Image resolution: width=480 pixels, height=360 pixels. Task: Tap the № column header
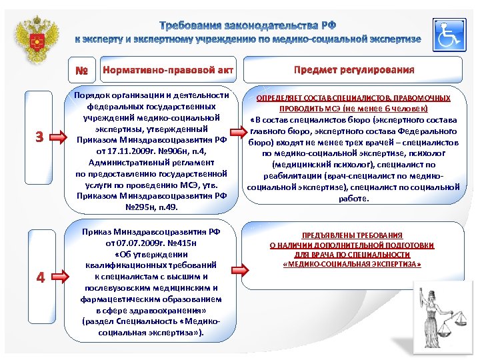tap(81, 70)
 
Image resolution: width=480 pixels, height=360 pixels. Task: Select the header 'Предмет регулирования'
tap(354, 70)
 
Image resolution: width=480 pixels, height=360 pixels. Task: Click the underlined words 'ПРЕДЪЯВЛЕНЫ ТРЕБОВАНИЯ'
tap(351, 236)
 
